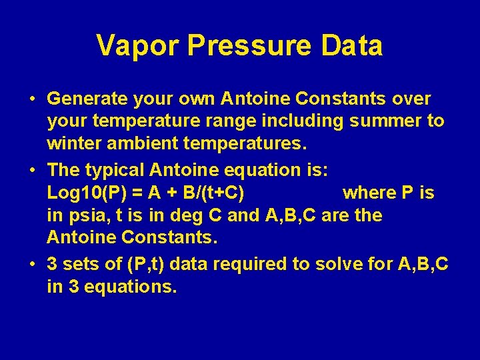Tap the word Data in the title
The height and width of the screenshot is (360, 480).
click(353, 46)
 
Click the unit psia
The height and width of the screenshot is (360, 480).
click(85, 215)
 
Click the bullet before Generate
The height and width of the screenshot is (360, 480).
click(32, 100)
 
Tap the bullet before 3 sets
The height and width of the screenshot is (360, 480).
click(32, 265)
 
